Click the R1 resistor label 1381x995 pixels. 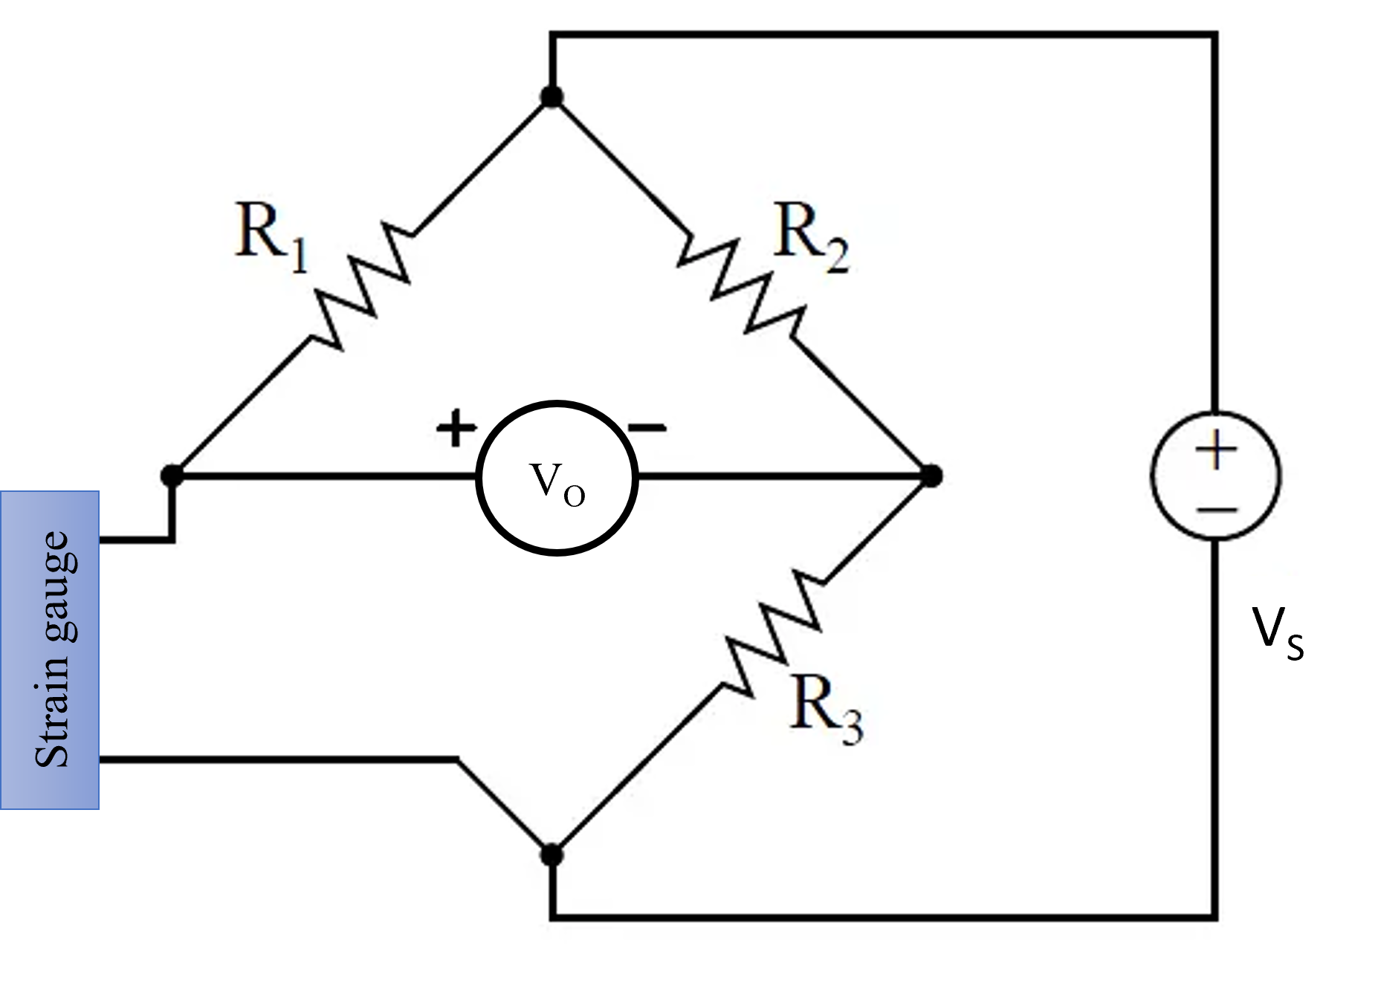[271, 237]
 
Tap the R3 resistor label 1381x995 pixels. [826, 710]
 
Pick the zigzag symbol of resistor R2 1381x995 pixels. [741, 286]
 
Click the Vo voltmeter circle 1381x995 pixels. [557, 478]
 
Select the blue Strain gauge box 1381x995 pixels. [50, 649]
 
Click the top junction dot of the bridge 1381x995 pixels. [552, 97]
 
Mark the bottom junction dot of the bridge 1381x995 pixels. [552, 855]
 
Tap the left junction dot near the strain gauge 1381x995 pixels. [172, 475]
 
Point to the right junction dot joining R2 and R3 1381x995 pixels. [931, 475]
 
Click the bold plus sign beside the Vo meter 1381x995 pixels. [456, 428]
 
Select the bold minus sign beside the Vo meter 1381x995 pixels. [647, 427]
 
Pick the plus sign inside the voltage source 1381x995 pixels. [1216, 450]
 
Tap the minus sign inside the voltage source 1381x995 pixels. [1217, 510]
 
